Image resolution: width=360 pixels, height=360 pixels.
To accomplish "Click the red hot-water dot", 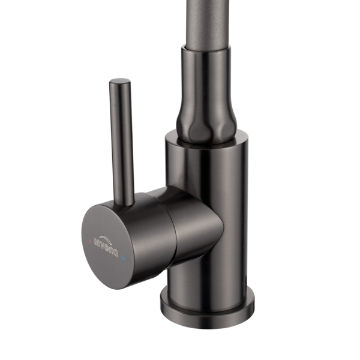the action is click(x=90, y=241).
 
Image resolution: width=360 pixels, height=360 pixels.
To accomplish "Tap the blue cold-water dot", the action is click(x=124, y=259).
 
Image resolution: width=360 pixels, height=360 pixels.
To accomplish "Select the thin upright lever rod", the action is click(x=121, y=142).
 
